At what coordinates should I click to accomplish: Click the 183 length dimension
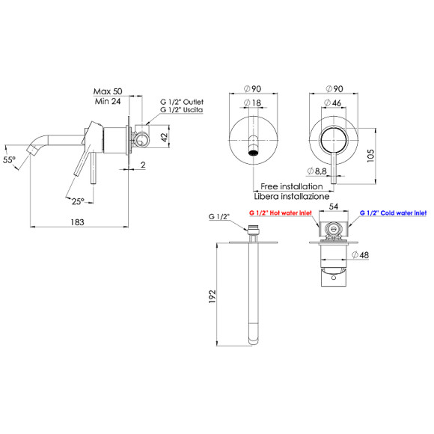[x=77, y=222]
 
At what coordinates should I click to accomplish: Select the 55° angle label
[x=9, y=159]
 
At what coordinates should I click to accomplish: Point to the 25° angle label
[x=78, y=201]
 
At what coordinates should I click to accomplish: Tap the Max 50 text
[x=108, y=91]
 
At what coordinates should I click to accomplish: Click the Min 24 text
[x=108, y=101]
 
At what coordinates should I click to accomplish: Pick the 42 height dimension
[x=165, y=137]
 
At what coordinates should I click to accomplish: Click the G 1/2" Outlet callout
[x=182, y=102]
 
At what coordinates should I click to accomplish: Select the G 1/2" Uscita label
[x=182, y=110]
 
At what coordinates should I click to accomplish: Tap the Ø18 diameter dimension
[x=252, y=103]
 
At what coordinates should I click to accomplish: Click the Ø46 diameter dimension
[x=332, y=103]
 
